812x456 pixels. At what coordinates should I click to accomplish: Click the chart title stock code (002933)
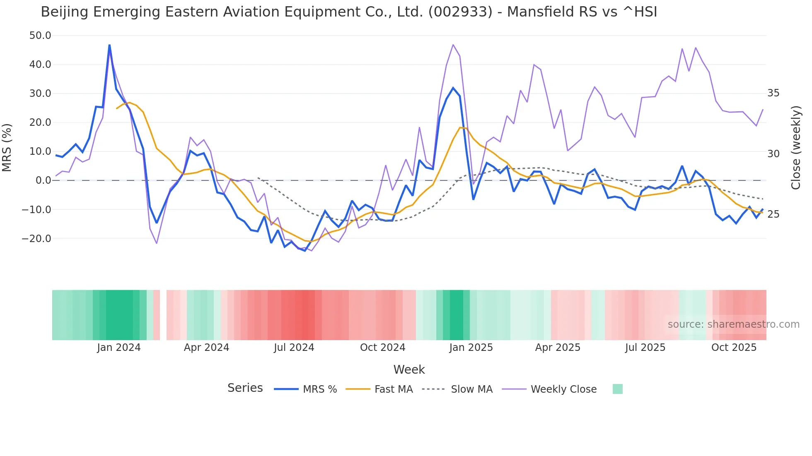[x=460, y=12]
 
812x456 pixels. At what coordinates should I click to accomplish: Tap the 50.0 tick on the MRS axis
[x=40, y=36]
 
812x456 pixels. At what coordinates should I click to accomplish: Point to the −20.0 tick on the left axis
[x=36, y=239]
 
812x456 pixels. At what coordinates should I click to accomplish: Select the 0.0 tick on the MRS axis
[x=43, y=180]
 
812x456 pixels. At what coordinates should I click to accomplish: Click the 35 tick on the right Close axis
[x=773, y=93]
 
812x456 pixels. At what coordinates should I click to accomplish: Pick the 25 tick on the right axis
[x=773, y=214]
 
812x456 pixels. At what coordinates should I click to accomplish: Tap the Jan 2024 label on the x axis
[x=119, y=348]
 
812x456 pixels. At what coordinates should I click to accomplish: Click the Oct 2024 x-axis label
[x=382, y=348]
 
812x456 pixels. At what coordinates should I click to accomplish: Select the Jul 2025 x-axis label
[x=645, y=348]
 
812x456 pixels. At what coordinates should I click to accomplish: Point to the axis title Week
[x=409, y=370]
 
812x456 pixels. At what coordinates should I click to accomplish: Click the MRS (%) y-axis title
[x=7, y=147]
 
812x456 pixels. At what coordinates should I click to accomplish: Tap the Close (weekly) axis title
[x=796, y=147]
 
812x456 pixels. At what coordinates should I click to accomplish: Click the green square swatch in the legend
[x=617, y=389]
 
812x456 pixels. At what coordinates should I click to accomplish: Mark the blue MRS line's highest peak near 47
[x=109, y=45]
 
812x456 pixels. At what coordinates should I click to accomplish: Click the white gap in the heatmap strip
[x=163, y=315]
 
